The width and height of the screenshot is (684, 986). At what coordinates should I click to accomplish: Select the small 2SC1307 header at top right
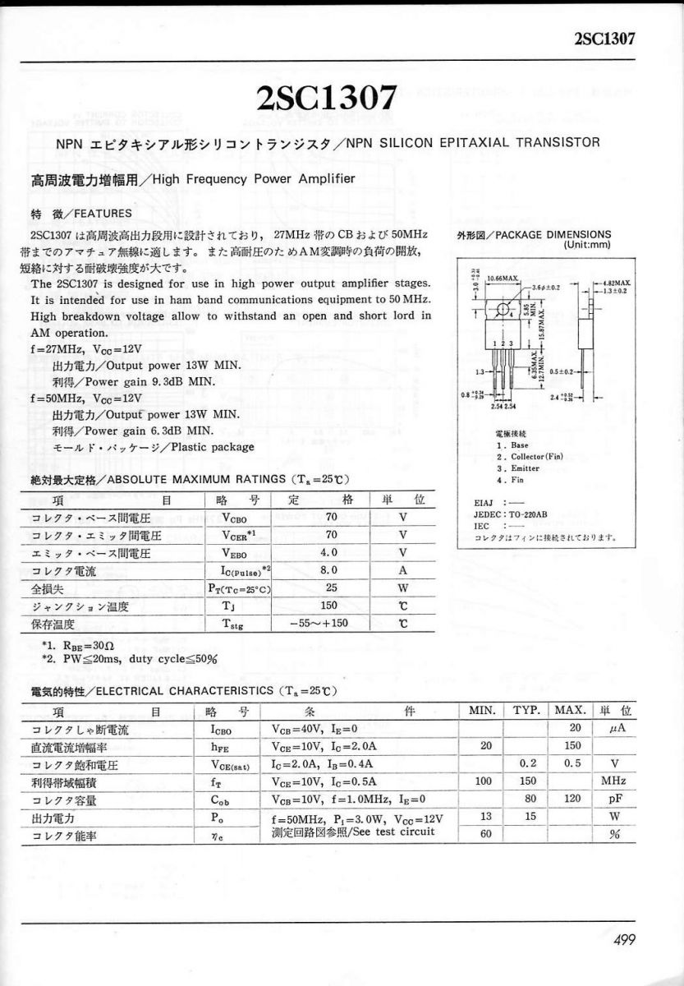coord(607,39)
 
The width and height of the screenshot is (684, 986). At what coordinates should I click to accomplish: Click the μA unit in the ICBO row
coord(612,729)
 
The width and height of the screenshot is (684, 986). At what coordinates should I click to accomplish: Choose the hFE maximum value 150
coord(572,746)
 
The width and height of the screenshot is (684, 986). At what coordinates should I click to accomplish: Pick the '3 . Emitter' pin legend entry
coord(517,468)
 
